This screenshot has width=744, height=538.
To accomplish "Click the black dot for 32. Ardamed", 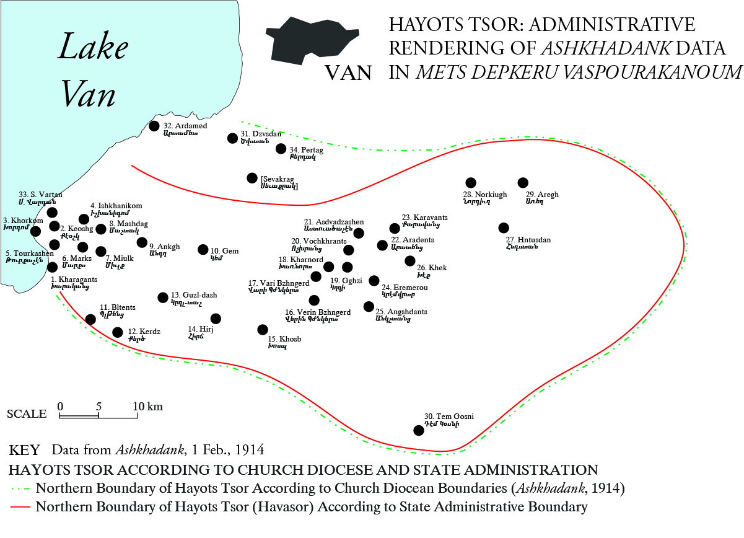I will click(154, 126).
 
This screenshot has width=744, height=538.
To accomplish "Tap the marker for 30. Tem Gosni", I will click(419, 430).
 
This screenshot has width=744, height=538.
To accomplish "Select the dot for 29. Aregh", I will click(523, 182).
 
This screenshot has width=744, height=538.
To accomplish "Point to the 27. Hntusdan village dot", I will click(504, 227).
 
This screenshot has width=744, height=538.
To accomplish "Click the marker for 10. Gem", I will click(203, 249).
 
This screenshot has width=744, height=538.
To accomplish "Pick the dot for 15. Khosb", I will click(263, 329).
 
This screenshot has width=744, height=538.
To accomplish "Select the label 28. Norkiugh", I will click(485, 195).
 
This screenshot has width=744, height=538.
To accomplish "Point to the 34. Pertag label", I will click(306, 149).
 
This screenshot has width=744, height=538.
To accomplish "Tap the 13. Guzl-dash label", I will click(194, 295).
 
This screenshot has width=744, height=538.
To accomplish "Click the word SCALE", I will click(27, 414).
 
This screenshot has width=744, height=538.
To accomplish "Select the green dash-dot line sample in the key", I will click(22, 488).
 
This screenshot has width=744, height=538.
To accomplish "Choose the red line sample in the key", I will click(22, 507).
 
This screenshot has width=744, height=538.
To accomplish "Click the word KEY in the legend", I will click(25, 449).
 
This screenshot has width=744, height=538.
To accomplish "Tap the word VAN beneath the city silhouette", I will click(349, 73).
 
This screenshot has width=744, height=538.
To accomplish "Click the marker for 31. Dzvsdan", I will click(232, 138).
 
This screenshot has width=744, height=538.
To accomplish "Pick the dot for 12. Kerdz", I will click(118, 332).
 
